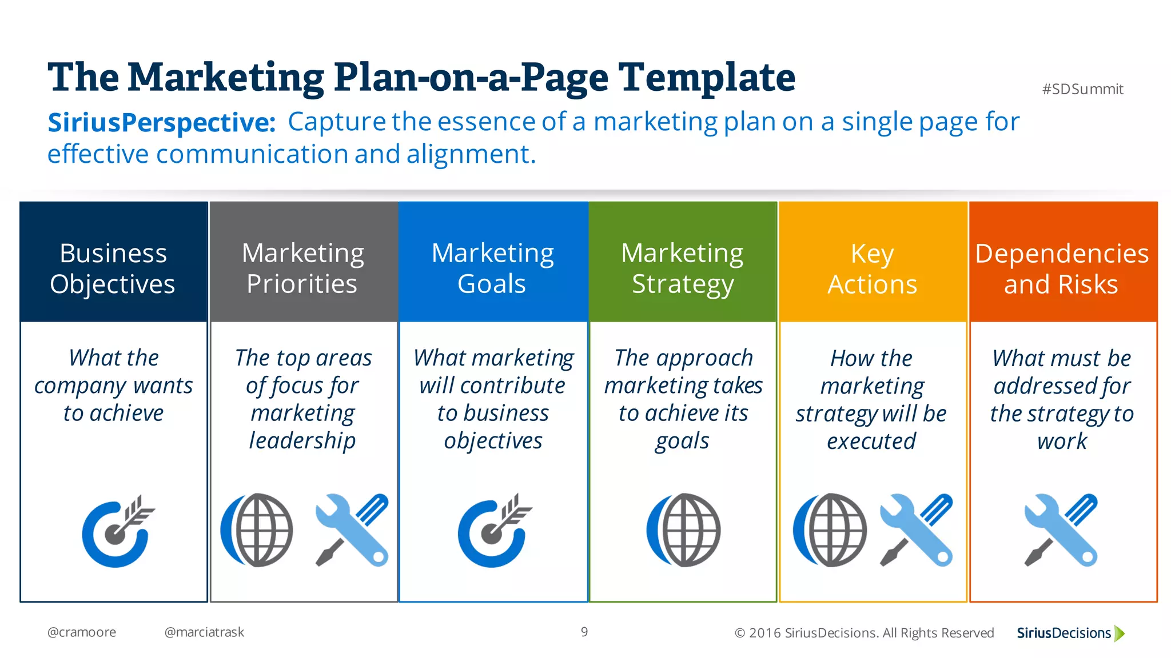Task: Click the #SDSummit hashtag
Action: coord(1082,89)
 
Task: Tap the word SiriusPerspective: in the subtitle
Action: coord(162,122)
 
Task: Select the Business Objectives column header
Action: coord(113,268)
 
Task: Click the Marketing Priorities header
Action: coord(302,268)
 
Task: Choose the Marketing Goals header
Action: coord(492,268)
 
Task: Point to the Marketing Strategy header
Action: coord(682,268)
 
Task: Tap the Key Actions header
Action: coord(872,268)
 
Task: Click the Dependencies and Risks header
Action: coord(1062,268)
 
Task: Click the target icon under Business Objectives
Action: coord(117,531)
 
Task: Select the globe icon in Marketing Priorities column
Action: coord(257,530)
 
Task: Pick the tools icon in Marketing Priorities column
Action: coord(352,530)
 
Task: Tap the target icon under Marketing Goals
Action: coord(493,531)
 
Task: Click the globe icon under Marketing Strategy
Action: coord(683,530)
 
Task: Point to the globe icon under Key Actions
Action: coord(830,530)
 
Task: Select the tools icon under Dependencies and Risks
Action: coord(1061,530)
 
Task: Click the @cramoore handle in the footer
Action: coord(82,632)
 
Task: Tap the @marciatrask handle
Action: coord(204,632)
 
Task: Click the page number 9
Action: coord(584,632)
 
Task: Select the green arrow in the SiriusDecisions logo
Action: coord(1120,633)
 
